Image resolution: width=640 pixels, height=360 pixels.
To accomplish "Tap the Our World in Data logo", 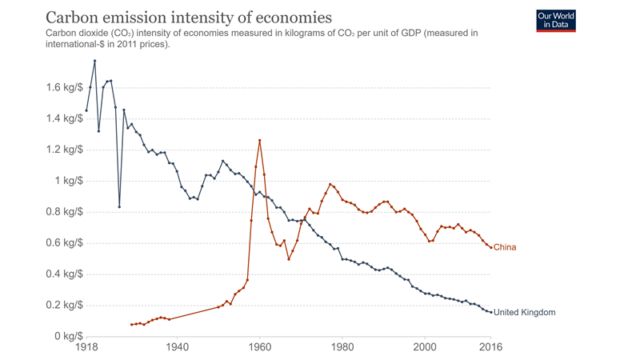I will pos(556,21).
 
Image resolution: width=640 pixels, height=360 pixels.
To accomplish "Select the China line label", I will pos(505,247).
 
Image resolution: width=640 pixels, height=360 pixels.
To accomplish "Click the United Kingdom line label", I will pos(524,312).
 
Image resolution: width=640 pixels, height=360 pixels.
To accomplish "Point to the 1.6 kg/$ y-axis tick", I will pos(64,87).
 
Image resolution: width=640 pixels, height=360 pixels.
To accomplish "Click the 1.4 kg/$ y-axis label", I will pos(64,118).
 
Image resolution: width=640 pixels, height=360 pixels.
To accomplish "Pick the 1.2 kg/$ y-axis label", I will pos(64,150).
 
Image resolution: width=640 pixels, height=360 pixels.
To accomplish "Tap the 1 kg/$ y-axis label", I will pos(69,181).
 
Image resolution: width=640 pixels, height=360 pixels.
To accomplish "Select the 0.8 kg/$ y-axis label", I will pos(64,212).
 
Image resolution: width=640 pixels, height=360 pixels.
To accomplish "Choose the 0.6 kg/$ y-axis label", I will pos(64,243).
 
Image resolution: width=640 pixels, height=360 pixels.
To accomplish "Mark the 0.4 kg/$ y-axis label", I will pos(64,274).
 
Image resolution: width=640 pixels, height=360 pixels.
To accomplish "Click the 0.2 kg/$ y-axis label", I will pos(64,306).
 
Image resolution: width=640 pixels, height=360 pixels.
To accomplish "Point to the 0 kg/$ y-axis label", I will pos(69,337).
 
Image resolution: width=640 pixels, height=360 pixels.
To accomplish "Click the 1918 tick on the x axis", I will pos(86,347).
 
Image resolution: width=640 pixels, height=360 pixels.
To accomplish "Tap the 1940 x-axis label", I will pos(177,347).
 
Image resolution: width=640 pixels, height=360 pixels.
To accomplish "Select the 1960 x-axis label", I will pos(259,347).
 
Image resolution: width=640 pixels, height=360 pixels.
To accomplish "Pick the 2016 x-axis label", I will pos(490,347).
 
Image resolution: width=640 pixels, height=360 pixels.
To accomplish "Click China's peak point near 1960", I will pos(259,141).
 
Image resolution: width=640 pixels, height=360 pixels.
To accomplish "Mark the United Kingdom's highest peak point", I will pos(94,61).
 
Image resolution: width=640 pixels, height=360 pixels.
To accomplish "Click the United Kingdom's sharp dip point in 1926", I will pos(119,206).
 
